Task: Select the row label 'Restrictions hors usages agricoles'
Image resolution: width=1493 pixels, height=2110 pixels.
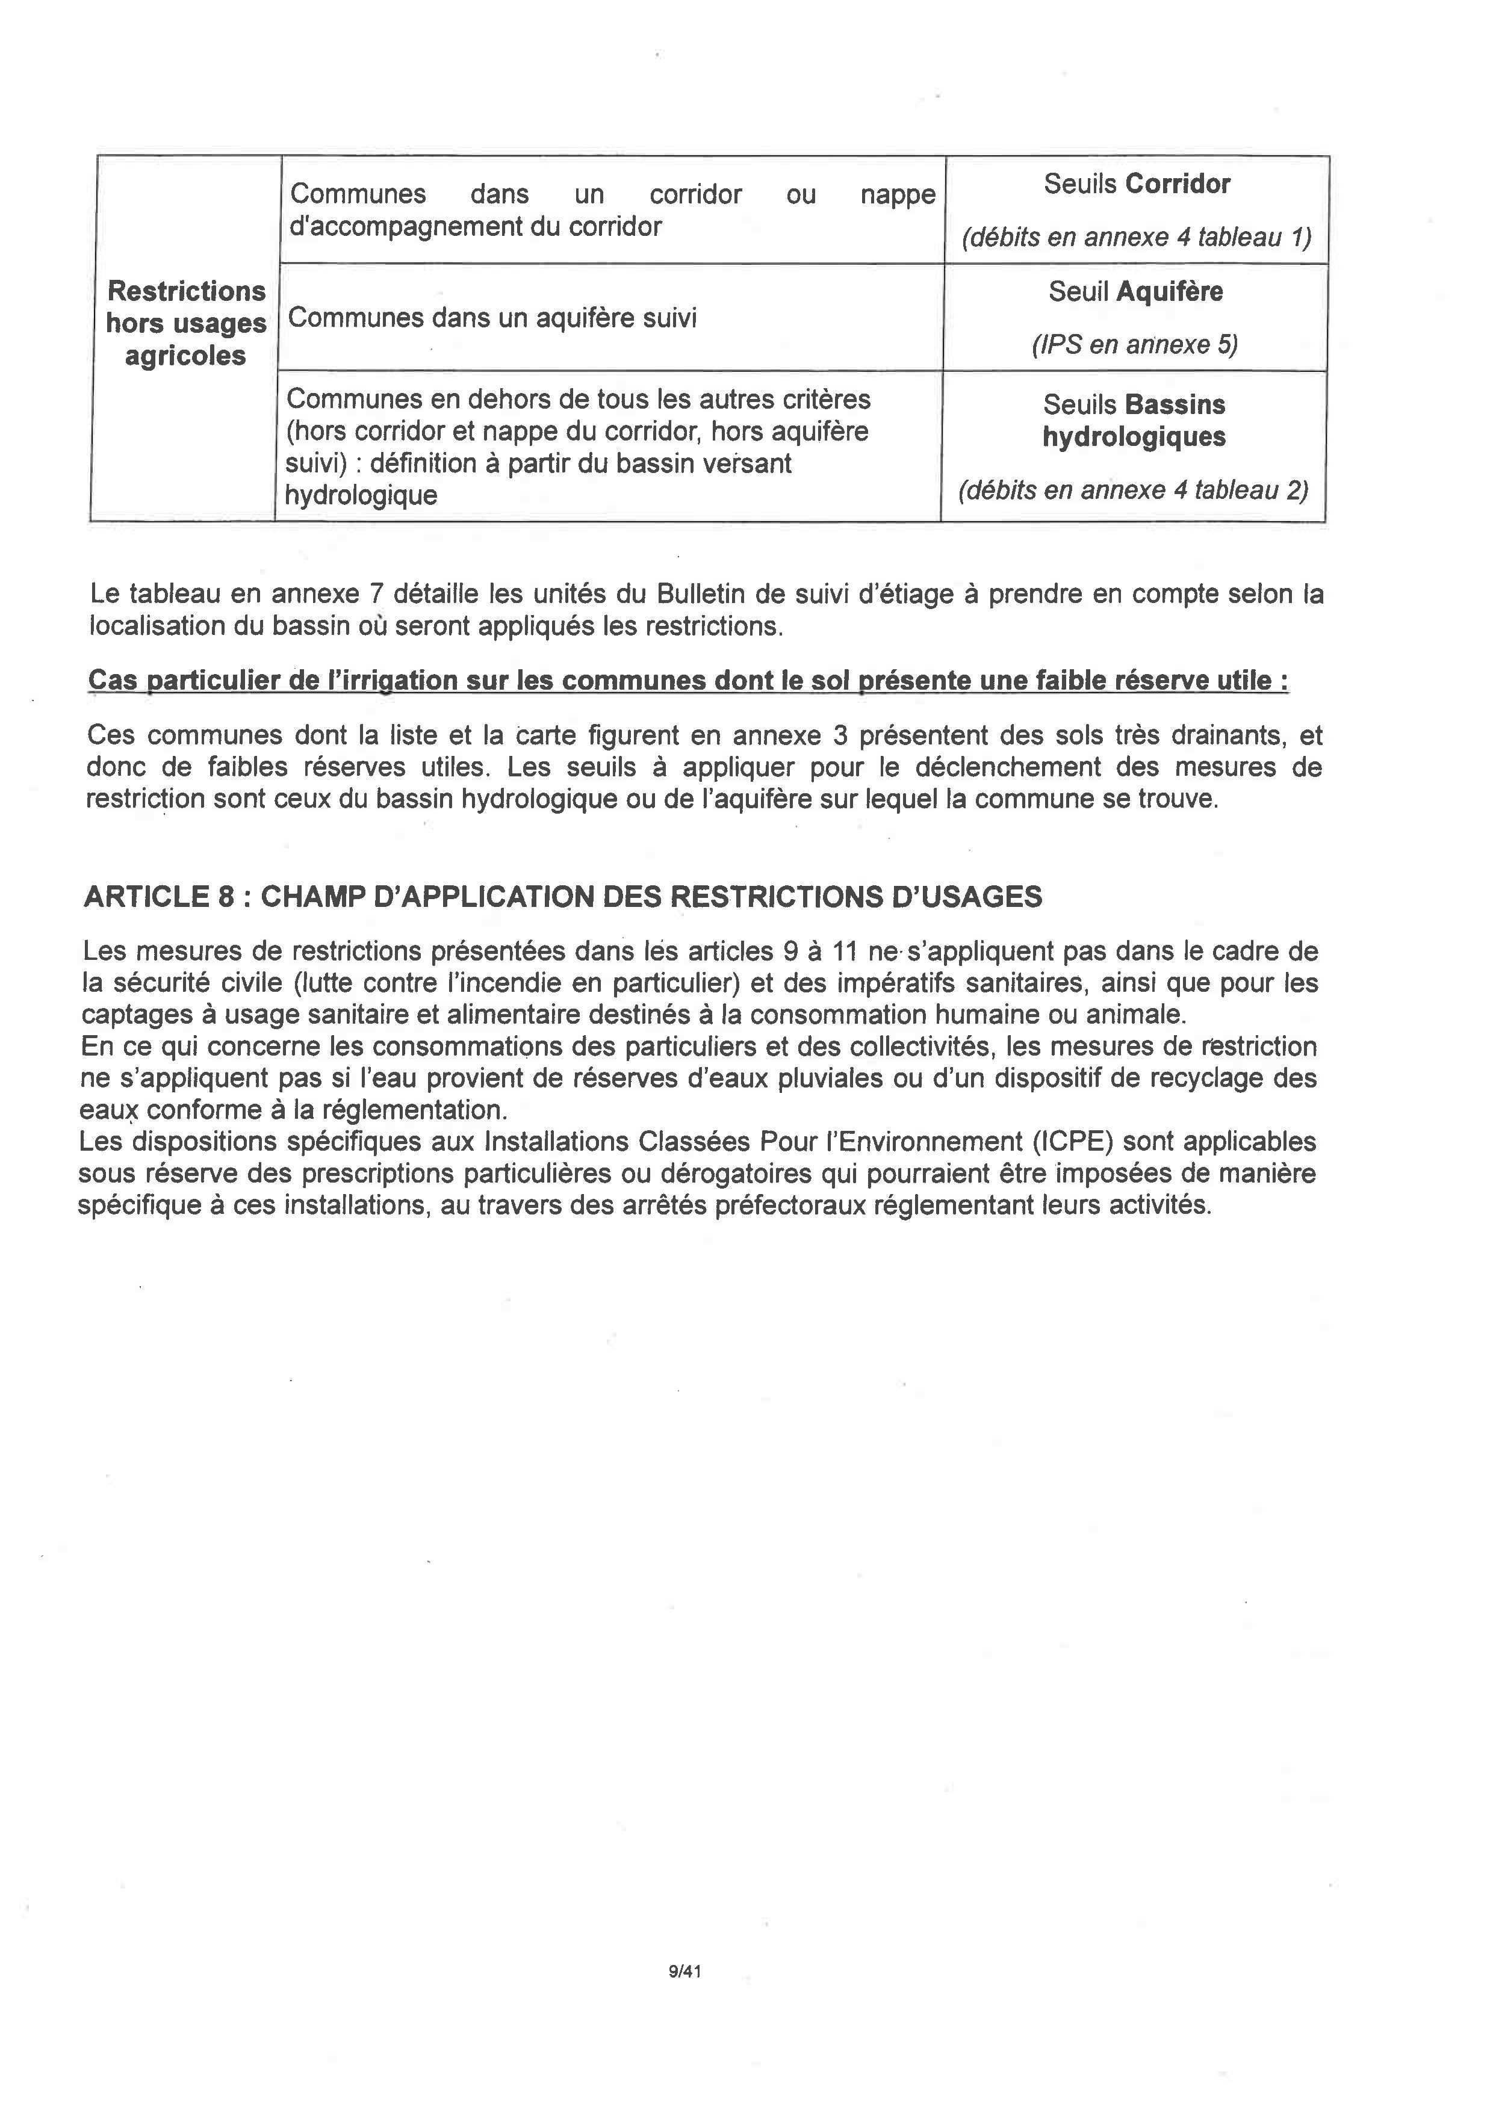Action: tap(185, 324)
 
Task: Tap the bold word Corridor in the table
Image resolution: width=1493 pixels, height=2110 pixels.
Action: tap(1177, 184)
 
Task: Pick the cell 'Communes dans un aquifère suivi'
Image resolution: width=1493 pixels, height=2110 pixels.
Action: tap(493, 318)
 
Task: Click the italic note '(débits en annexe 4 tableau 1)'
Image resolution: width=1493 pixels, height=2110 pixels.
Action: tap(1136, 238)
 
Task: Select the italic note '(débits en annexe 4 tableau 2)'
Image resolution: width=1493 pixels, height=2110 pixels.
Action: tap(1132, 490)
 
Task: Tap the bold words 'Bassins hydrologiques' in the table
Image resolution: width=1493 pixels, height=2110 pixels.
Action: tap(1134, 421)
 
